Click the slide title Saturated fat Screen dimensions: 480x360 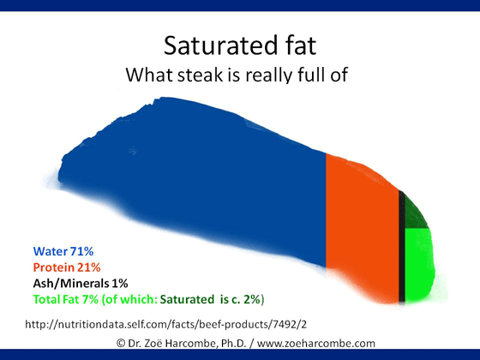tap(240, 45)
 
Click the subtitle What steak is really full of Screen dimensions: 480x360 tap(237, 74)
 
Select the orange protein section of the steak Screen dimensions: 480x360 tap(362, 226)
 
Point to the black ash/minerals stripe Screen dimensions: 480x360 tap(402, 247)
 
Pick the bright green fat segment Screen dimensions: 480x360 tap(419, 264)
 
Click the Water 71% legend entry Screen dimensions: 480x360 tap(63, 251)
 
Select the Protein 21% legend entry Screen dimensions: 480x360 tap(67, 267)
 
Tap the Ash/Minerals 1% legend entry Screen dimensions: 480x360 tap(81, 283)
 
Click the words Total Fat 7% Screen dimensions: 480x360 tap(66, 299)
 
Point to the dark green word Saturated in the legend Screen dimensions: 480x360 tap(187, 299)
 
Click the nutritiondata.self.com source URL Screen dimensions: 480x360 tap(165, 324)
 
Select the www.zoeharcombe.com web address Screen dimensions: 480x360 tap(316, 343)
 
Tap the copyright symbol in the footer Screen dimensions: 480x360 tap(121, 343)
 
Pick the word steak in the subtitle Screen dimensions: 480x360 tap(200, 75)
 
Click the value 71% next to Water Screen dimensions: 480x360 tap(81, 251)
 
